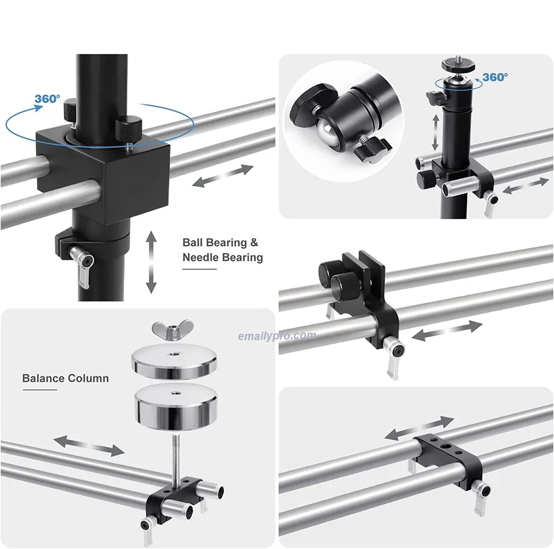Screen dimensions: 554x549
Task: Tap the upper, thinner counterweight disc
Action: point(174,361)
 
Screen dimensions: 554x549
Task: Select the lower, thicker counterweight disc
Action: point(175,407)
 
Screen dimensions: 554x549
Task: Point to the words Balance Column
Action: point(65,378)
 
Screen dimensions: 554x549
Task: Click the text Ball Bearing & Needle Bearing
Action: point(223,250)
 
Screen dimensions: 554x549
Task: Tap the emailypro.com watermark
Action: point(277,336)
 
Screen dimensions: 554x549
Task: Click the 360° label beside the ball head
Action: point(495,77)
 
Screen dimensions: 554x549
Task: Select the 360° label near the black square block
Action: point(47,99)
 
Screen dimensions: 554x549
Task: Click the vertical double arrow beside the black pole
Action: point(151,262)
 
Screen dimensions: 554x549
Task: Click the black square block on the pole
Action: point(103,175)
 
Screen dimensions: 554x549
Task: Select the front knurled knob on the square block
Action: point(129,130)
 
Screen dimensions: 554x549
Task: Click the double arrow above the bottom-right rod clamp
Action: point(420,428)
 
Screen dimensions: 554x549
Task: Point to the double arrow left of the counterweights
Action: point(89,446)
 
